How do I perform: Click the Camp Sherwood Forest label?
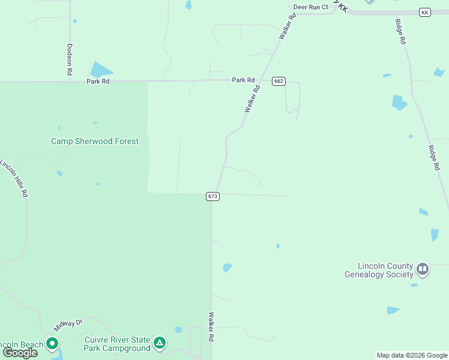tap(95, 142)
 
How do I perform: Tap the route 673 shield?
tap(212, 196)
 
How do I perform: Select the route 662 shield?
tap(278, 81)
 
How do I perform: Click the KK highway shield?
tap(425, 13)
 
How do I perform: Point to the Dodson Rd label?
tap(70, 59)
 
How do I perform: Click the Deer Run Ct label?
tap(311, 7)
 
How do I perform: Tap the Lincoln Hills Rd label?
tap(14, 178)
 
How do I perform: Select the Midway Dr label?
tap(67, 325)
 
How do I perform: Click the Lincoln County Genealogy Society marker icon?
tap(423, 269)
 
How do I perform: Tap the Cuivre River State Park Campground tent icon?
tap(159, 343)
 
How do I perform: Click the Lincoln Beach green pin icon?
tap(52, 344)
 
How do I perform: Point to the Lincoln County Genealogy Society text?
tap(379, 271)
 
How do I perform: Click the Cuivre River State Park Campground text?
tap(116, 344)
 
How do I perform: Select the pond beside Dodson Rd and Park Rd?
tap(101, 70)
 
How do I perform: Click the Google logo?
tap(20, 352)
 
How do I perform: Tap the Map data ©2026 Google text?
tap(412, 355)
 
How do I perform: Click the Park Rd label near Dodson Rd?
tap(98, 81)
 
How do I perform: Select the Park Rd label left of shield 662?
tap(244, 80)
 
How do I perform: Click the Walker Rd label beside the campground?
tap(211, 326)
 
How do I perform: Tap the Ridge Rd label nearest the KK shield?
tap(400, 32)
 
